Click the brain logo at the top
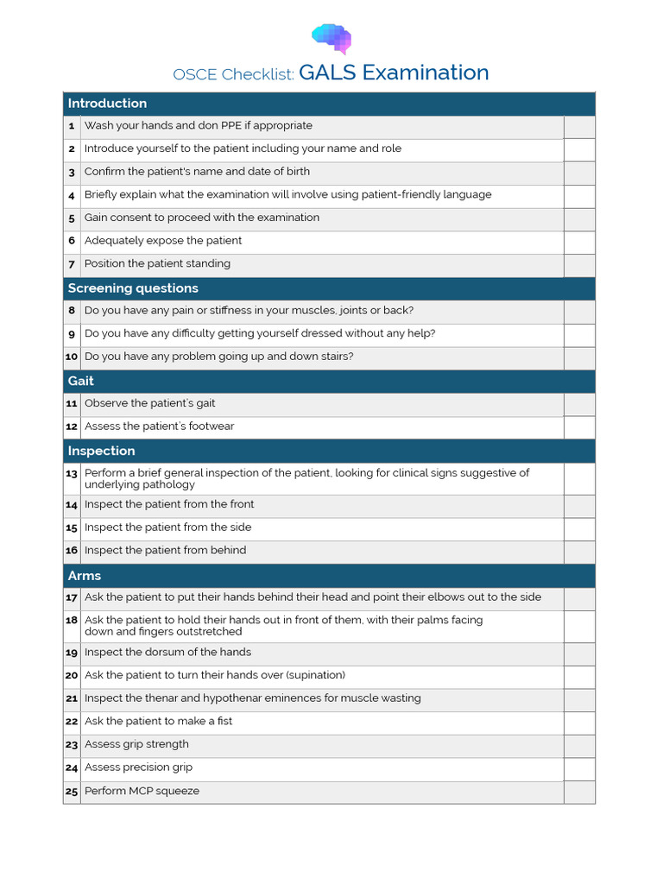coord(331,37)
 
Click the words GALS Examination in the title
coord(394,73)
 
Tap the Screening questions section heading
coord(133,288)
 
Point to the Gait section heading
coord(81,381)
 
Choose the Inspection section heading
coord(101,451)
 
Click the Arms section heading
coord(85,576)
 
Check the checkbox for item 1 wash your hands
coord(579,127)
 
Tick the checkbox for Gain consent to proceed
coord(579,219)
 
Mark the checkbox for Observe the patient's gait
coord(579,404)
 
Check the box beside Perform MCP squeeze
coord(579,792)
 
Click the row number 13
coord(72,474)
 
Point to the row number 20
coord(72,676)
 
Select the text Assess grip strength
coord(136,744)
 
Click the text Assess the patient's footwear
coord(159,426)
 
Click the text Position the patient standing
coord(157,264)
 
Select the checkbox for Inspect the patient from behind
coord(579,552)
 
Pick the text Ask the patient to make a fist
coord(158,722)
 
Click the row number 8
coord(72,311)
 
